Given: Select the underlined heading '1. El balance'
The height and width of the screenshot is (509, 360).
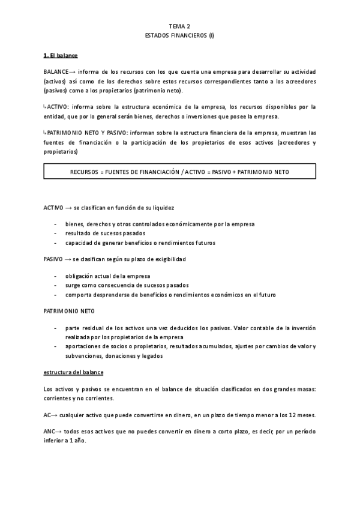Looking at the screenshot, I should coord(61,56).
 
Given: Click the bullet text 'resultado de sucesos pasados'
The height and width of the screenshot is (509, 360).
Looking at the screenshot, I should coord(105,233).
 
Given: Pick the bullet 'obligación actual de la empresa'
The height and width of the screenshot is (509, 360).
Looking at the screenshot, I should coord(107,276).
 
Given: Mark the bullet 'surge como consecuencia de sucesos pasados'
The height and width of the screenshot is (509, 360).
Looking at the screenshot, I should coord(127,285).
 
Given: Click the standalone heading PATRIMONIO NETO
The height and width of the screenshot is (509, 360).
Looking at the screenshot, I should coord(68,312).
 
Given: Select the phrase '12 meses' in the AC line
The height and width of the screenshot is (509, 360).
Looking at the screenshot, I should coord(304,415).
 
